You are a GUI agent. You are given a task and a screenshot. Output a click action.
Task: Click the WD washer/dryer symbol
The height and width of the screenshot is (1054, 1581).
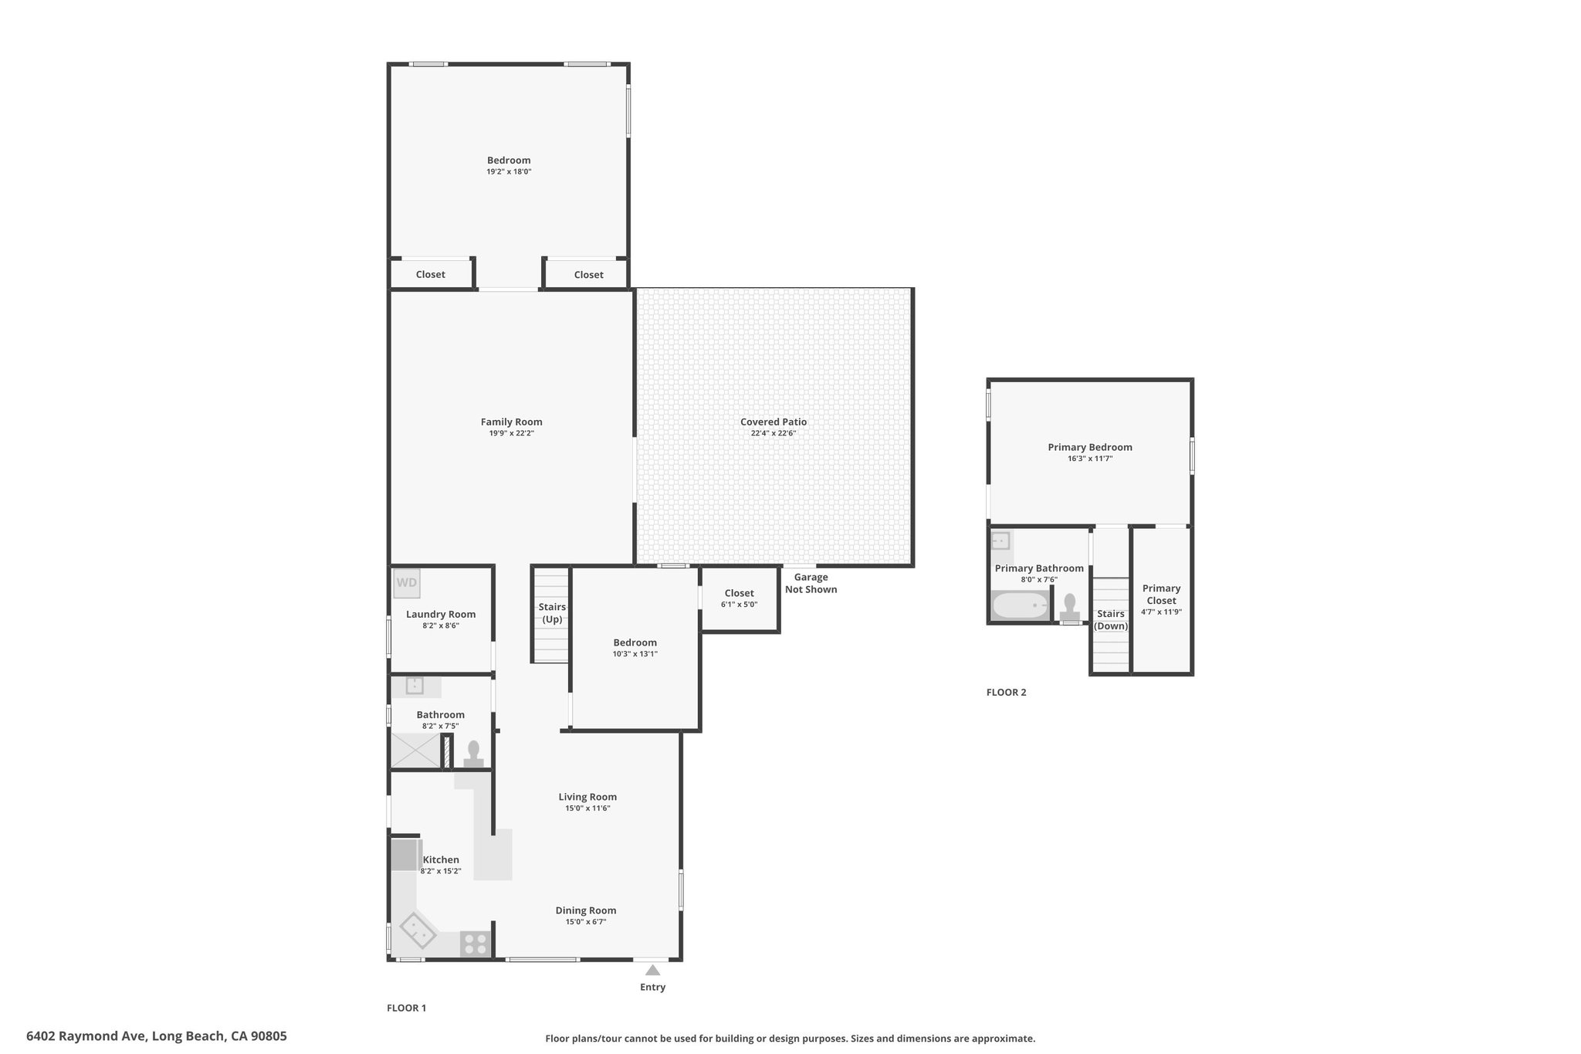click(407, 583)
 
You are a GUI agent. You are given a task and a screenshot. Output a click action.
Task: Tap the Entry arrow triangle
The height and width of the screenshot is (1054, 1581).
click(653, 970)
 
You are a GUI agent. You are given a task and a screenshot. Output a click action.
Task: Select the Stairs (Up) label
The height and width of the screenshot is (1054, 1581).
click(552, 613)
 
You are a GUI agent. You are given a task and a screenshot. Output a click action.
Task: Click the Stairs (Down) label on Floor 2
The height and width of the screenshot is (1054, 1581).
click(1111, 620)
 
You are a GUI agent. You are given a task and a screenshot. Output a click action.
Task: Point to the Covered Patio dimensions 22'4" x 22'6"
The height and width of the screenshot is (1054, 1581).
click(774, 433)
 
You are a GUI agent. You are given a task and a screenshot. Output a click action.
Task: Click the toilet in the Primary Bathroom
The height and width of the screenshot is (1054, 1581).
click(1070, 607)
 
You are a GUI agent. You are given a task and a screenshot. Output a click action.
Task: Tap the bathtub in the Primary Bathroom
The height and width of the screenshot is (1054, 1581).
click(1020, 605)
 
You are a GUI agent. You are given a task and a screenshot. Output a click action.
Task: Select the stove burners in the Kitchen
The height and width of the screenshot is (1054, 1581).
click(476, 944)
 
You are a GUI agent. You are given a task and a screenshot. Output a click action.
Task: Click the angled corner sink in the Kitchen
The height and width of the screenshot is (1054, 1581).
click(418, 930)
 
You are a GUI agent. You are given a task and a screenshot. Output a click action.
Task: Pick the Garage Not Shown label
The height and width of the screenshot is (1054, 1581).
click(811, 583)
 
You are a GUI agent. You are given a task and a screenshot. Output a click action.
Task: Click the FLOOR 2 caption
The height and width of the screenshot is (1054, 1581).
click(1007, 693)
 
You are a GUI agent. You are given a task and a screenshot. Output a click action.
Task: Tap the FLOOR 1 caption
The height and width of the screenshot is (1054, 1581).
click(406, 1008)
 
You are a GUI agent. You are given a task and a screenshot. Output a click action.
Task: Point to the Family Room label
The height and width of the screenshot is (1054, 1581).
click(512, 422)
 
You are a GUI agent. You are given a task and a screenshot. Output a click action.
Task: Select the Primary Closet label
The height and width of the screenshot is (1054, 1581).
click(1162, 595)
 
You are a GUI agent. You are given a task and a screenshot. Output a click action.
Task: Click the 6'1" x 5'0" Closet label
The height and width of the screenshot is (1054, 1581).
click(740, 598)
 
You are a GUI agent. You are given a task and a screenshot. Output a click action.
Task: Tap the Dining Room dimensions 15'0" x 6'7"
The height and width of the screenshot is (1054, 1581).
click(586, 922)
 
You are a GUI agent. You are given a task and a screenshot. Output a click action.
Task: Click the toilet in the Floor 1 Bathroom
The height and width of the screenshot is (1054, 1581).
click(473, 754)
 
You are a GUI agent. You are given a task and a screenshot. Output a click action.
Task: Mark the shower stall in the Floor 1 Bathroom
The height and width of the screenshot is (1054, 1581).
click(415, 751)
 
